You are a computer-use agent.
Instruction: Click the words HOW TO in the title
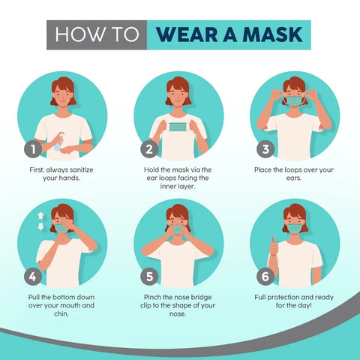(96, 34)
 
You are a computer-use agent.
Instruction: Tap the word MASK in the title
(274, 34)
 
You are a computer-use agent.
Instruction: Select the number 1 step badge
(31, 148)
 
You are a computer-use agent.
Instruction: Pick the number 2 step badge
(149, 148)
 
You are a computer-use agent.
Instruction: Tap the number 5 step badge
(149, 276)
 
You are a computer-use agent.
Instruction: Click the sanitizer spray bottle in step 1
(58, 143)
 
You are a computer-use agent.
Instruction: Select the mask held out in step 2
(178, 129)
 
